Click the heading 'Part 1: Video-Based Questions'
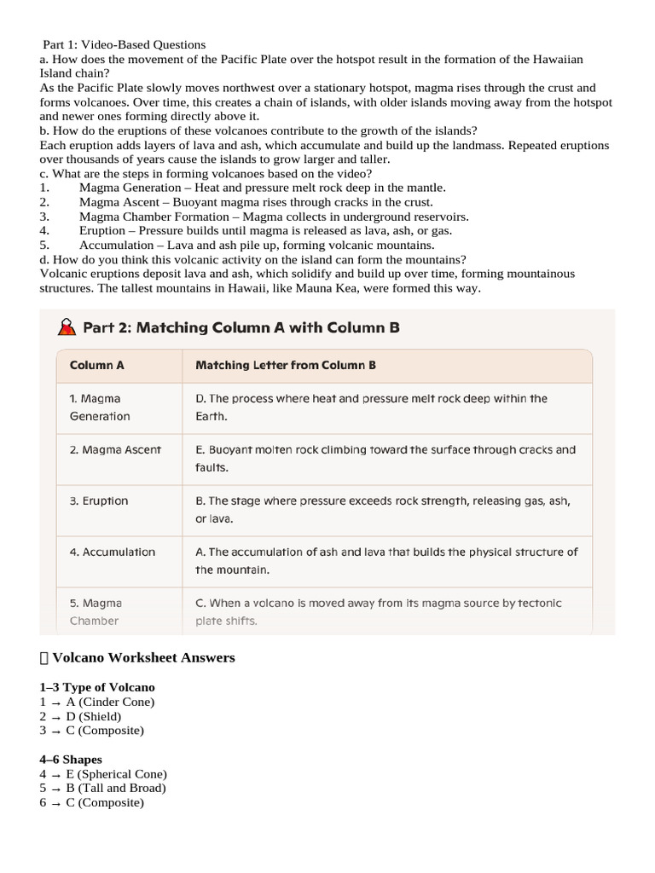[125, 44]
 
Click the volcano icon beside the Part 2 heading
[67, 327]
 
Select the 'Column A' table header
[96, 365]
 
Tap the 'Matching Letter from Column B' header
[286, 365]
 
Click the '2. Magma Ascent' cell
[115, 449]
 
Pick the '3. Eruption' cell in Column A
[99, 500]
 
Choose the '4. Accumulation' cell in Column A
[113, 552]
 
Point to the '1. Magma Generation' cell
[100, 408]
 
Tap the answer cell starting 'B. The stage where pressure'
[383, 509]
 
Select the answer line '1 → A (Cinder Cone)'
[97, 702]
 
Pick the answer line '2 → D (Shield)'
[85, 716]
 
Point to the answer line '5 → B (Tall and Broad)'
[103, 788]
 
